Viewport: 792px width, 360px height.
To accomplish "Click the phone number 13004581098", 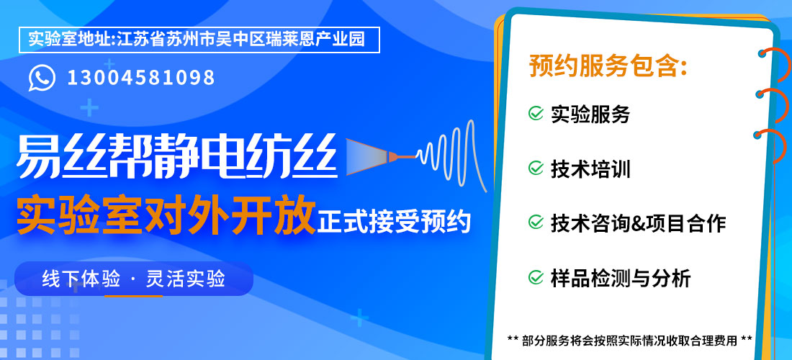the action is point(141,78).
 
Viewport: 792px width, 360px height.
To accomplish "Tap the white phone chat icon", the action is point(42,78).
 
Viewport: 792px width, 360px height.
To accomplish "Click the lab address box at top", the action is point(199,40).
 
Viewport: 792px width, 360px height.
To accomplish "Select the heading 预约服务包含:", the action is point(608,66).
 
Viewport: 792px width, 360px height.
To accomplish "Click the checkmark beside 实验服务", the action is point(536,113).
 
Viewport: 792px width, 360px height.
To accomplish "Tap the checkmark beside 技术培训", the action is point(536,168).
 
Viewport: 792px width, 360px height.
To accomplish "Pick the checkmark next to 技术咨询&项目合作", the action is point(536,222).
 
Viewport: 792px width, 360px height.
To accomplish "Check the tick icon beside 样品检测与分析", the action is point(536,277).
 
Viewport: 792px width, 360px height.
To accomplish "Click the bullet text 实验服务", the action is point(590,114).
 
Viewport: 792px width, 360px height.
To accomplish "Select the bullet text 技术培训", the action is point(590,168).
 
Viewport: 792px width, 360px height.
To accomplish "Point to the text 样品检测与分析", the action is point(621,278).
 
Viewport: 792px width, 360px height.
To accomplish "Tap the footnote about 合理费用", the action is point(629,339).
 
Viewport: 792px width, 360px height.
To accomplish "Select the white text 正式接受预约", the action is point(394,222).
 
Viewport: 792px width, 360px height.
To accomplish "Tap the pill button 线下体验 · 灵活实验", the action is point(134,278).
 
